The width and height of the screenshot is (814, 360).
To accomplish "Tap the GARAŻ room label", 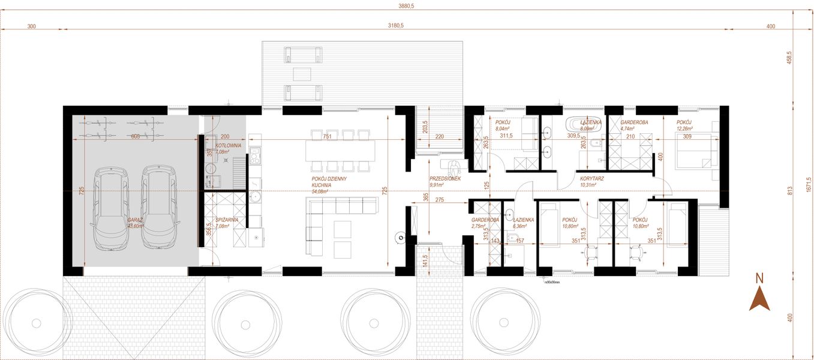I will point(135,220).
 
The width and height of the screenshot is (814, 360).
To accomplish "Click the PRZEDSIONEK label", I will point(445,179).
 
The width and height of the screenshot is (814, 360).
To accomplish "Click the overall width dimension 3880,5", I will point(407,5).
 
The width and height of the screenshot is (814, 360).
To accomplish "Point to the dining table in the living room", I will point(341,150).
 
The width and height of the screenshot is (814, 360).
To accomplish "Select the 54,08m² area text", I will point(320,191).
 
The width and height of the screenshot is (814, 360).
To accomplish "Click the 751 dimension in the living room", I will point(328,137).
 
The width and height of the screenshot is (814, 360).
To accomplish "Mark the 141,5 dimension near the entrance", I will point(425,260).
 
